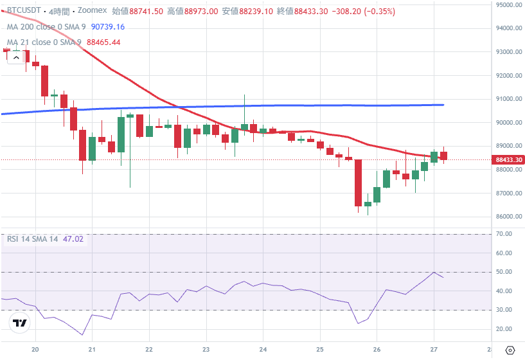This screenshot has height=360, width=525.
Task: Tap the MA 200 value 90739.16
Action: tap(108, 27)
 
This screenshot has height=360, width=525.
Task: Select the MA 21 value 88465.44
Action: tap(104, 42)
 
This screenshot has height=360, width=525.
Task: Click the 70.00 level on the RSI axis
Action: tap(504, 235)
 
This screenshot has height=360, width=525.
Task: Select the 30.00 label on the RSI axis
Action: tap(504, 310)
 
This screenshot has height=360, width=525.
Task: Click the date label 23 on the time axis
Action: tap(206, 349)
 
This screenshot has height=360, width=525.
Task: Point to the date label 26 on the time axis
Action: tap(377, 349)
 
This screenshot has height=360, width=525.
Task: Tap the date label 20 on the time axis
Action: tap(35, 349)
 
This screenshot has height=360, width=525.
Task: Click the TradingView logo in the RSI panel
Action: tap(19, 323)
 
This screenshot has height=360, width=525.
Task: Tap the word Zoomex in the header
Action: tap(93, 12)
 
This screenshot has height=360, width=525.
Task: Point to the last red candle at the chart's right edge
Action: tap(443, 156)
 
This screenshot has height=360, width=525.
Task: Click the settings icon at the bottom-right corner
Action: tap(510, 350)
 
